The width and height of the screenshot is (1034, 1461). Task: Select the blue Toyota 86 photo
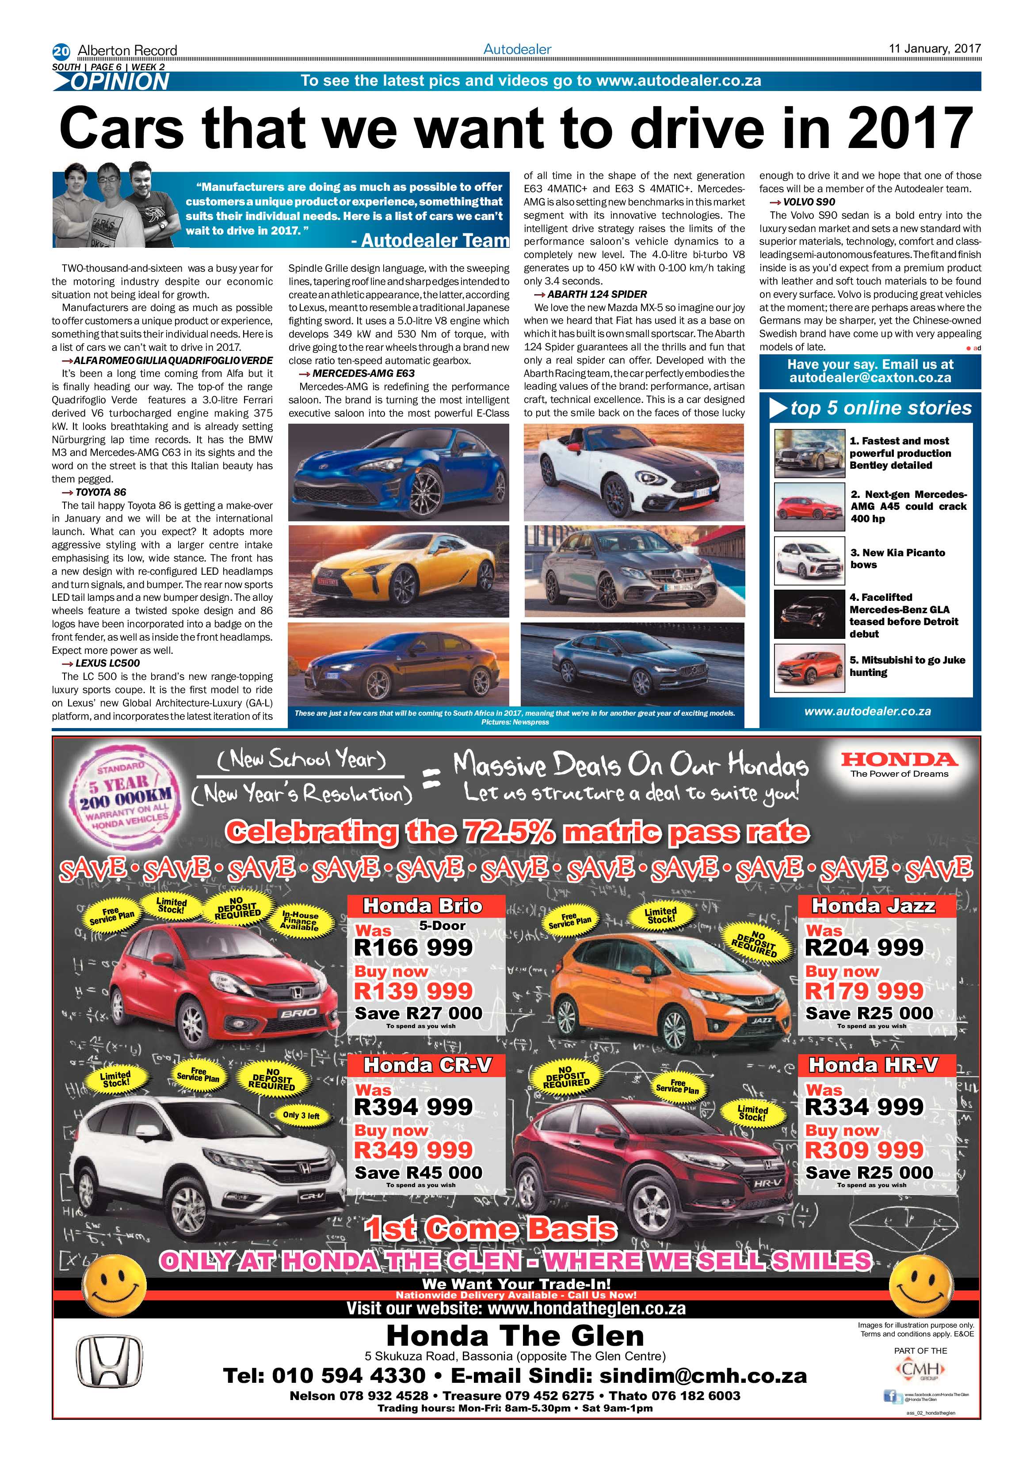pyautogui.click(x=399, y=472)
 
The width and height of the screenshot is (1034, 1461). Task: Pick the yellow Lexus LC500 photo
pyautogui.click(x=399, y=571)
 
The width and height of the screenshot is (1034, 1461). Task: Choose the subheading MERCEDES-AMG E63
pyautogui.click(x=363, y=373)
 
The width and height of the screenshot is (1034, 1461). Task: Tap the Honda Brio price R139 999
pyautogui.click(x=413, y=991)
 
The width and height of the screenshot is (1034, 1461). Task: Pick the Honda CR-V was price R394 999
pyautogui.click(x=413, y=1107)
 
